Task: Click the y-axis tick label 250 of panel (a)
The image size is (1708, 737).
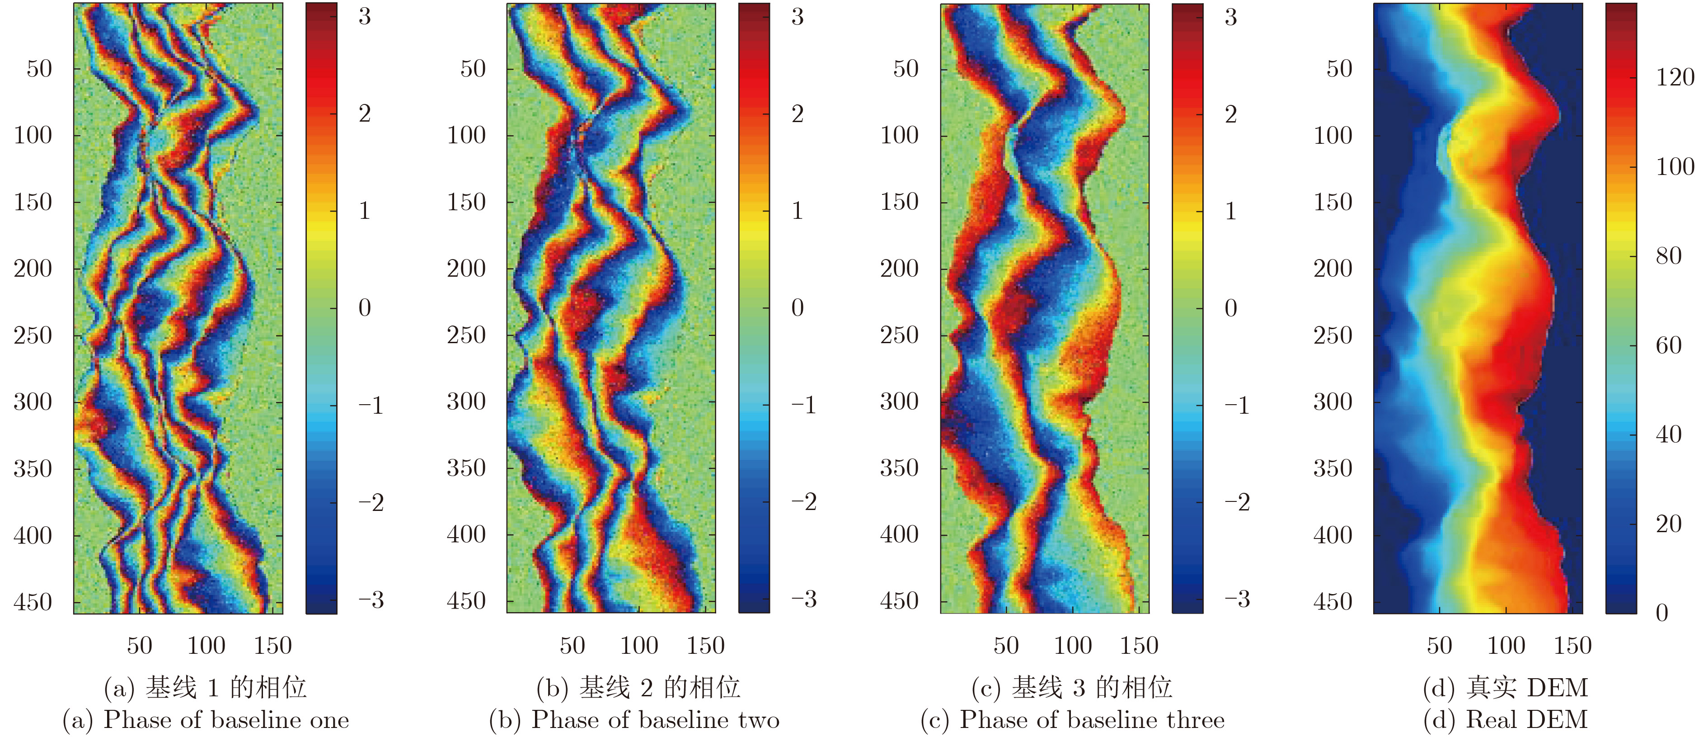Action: pos(33,335)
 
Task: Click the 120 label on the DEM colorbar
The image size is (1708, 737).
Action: pos(1675,77)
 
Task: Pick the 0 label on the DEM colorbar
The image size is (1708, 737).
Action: pos(1661,612)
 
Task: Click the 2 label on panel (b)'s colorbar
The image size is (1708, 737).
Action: pos(798,113)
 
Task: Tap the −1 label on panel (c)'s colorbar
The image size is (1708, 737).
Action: pos(1237,405)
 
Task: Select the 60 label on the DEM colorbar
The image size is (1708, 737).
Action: pos(1668,345)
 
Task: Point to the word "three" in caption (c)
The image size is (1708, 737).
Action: pos(1196,720)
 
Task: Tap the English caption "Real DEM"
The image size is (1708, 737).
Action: pos(1526,720)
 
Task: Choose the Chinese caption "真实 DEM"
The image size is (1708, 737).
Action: pos(1526,687)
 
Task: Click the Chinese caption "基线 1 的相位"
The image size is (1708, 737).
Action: pos(225,687)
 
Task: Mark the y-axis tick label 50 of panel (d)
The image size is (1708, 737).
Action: pos(1339,68)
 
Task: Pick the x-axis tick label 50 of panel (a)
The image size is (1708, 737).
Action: pos(139,645)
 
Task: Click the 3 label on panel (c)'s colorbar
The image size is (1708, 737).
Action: pos(1230,17)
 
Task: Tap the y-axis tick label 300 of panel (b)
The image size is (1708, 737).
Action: pos(466,402)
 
